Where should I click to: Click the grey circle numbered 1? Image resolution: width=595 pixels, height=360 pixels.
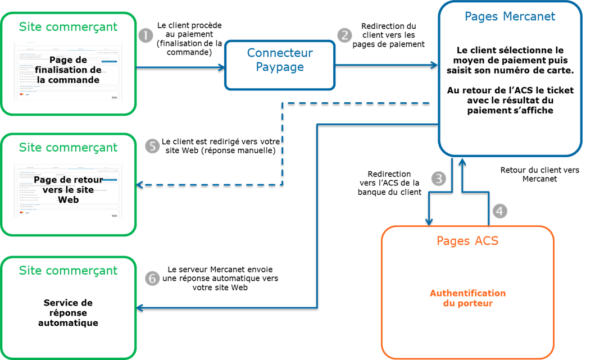146,35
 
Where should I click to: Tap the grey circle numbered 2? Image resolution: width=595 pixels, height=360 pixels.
344,35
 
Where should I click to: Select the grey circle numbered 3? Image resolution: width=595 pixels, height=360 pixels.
439,178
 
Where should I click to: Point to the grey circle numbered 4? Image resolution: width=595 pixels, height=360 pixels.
500,211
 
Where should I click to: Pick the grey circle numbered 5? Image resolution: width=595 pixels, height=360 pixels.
152,146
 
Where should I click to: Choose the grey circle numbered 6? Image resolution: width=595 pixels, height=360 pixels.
152,278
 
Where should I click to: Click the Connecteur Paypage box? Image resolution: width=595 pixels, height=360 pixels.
280,65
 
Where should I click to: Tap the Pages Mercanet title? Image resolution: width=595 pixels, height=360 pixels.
510,16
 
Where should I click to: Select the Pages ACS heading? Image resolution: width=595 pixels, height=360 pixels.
467,241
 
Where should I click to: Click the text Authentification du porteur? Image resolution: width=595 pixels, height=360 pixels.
467,298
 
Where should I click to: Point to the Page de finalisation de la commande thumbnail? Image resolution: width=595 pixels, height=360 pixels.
68,71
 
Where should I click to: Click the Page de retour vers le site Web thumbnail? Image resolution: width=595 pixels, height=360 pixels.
68,190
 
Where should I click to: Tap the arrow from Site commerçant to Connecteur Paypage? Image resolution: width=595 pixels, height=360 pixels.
180,67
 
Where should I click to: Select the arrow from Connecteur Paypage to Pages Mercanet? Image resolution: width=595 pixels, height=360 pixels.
387,65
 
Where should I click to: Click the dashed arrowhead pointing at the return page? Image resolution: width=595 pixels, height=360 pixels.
140,184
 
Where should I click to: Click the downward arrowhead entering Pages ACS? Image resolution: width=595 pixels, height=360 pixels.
429,222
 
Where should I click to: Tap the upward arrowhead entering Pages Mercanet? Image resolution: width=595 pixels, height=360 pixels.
462,161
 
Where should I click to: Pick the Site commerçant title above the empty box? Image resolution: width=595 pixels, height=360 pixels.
68,270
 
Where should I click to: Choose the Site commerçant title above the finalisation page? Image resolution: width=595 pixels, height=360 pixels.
68,26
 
